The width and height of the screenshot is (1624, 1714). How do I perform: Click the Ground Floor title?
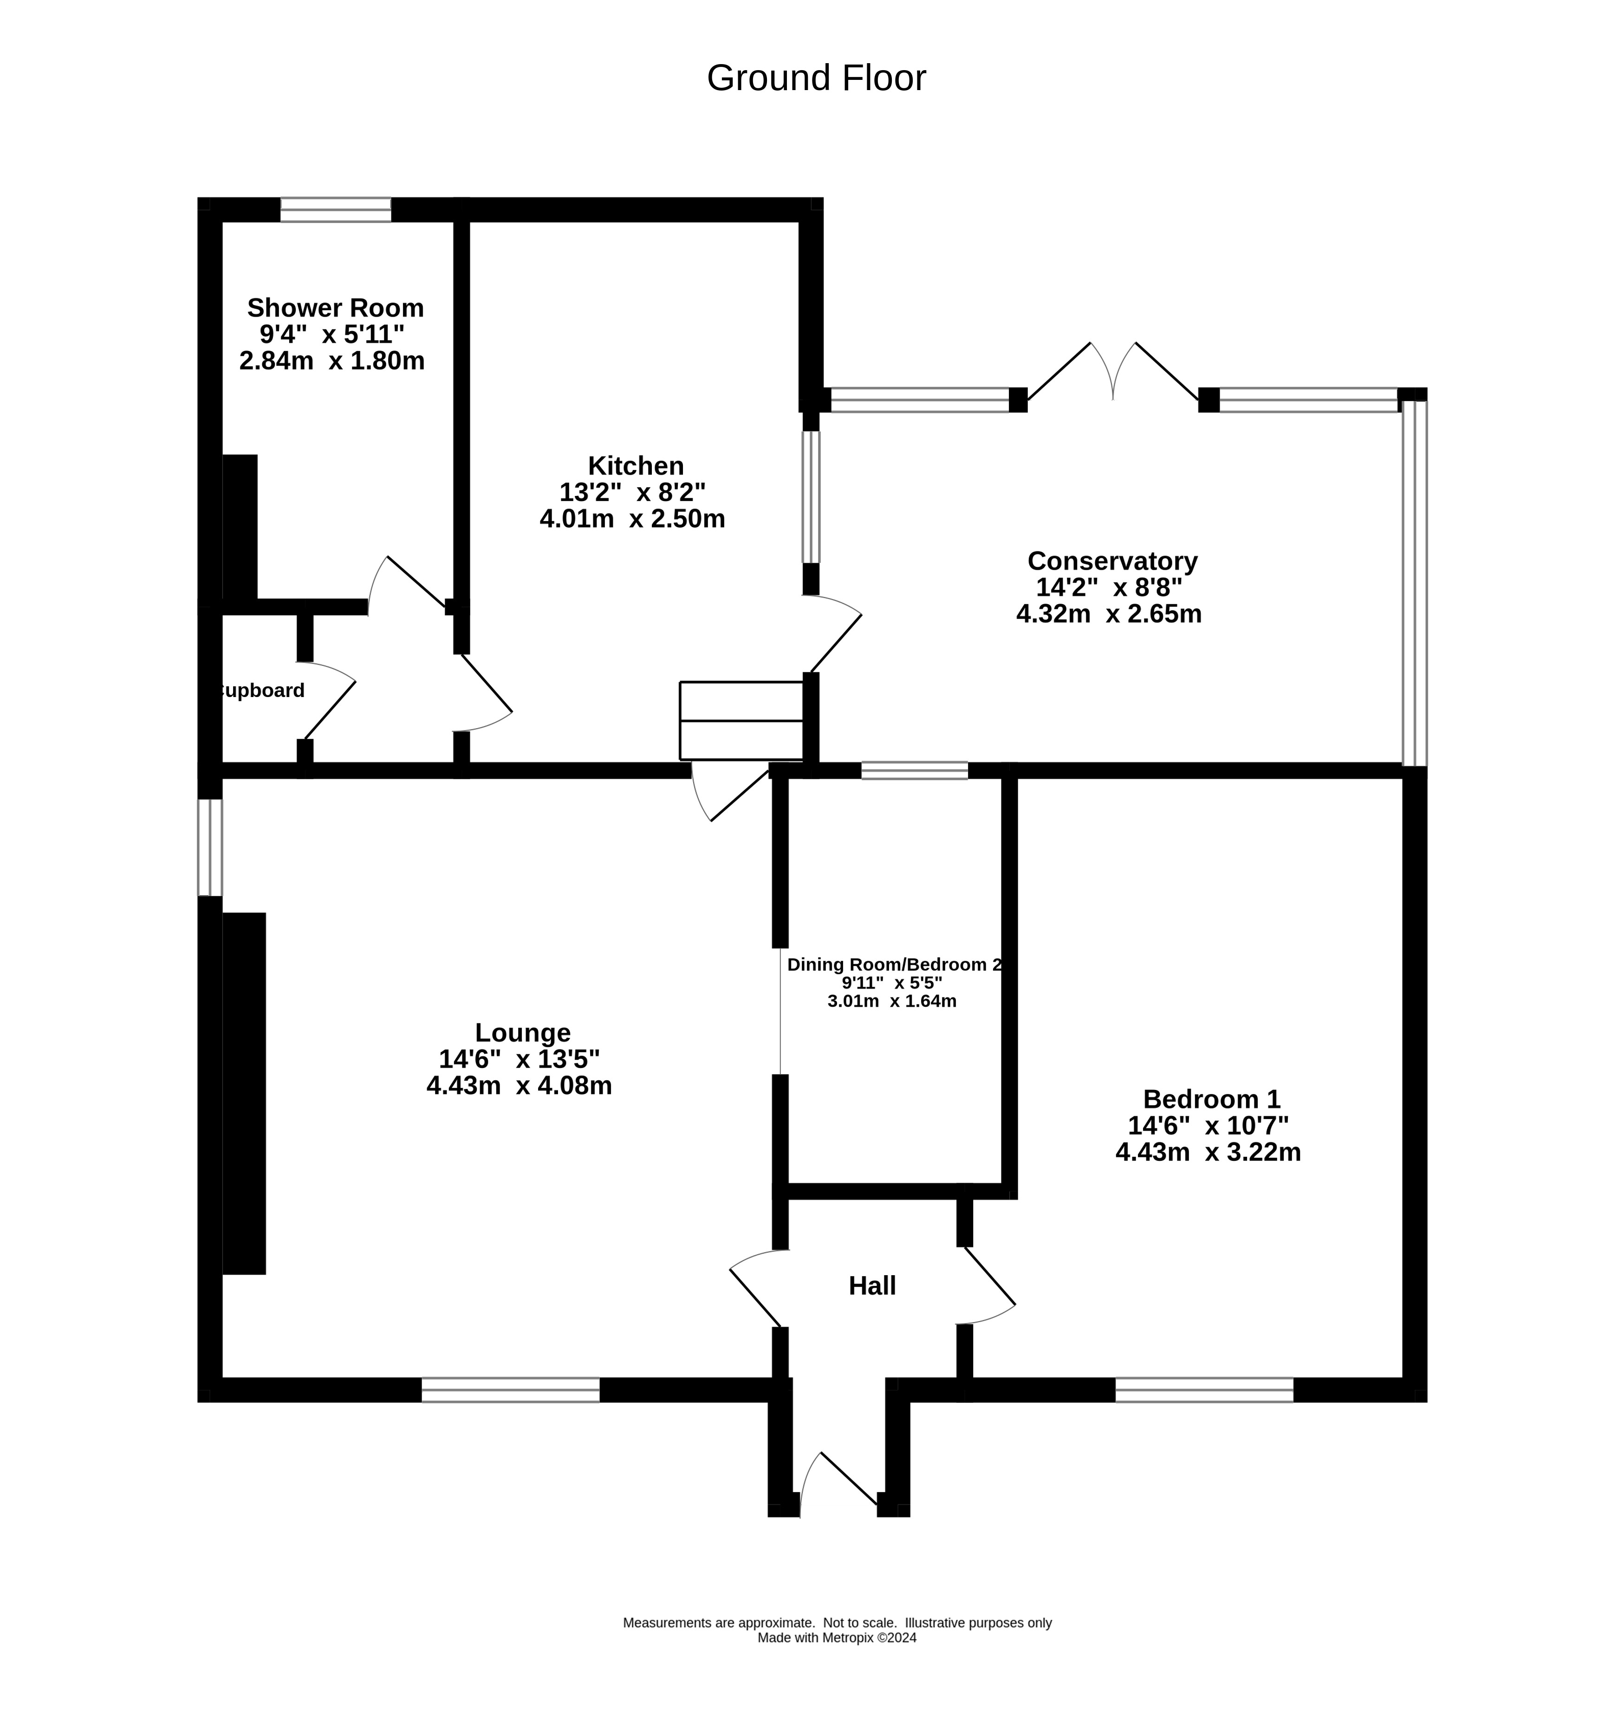(816, 78)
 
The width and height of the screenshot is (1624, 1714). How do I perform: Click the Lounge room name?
(523, 1033)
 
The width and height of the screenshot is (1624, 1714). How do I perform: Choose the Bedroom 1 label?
(1211, 1099)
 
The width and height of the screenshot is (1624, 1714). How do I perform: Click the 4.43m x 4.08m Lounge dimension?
(520, 1086)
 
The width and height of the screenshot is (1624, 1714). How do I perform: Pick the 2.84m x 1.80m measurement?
(332, 361)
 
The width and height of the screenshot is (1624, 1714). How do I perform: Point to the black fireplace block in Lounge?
(244, 1093)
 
